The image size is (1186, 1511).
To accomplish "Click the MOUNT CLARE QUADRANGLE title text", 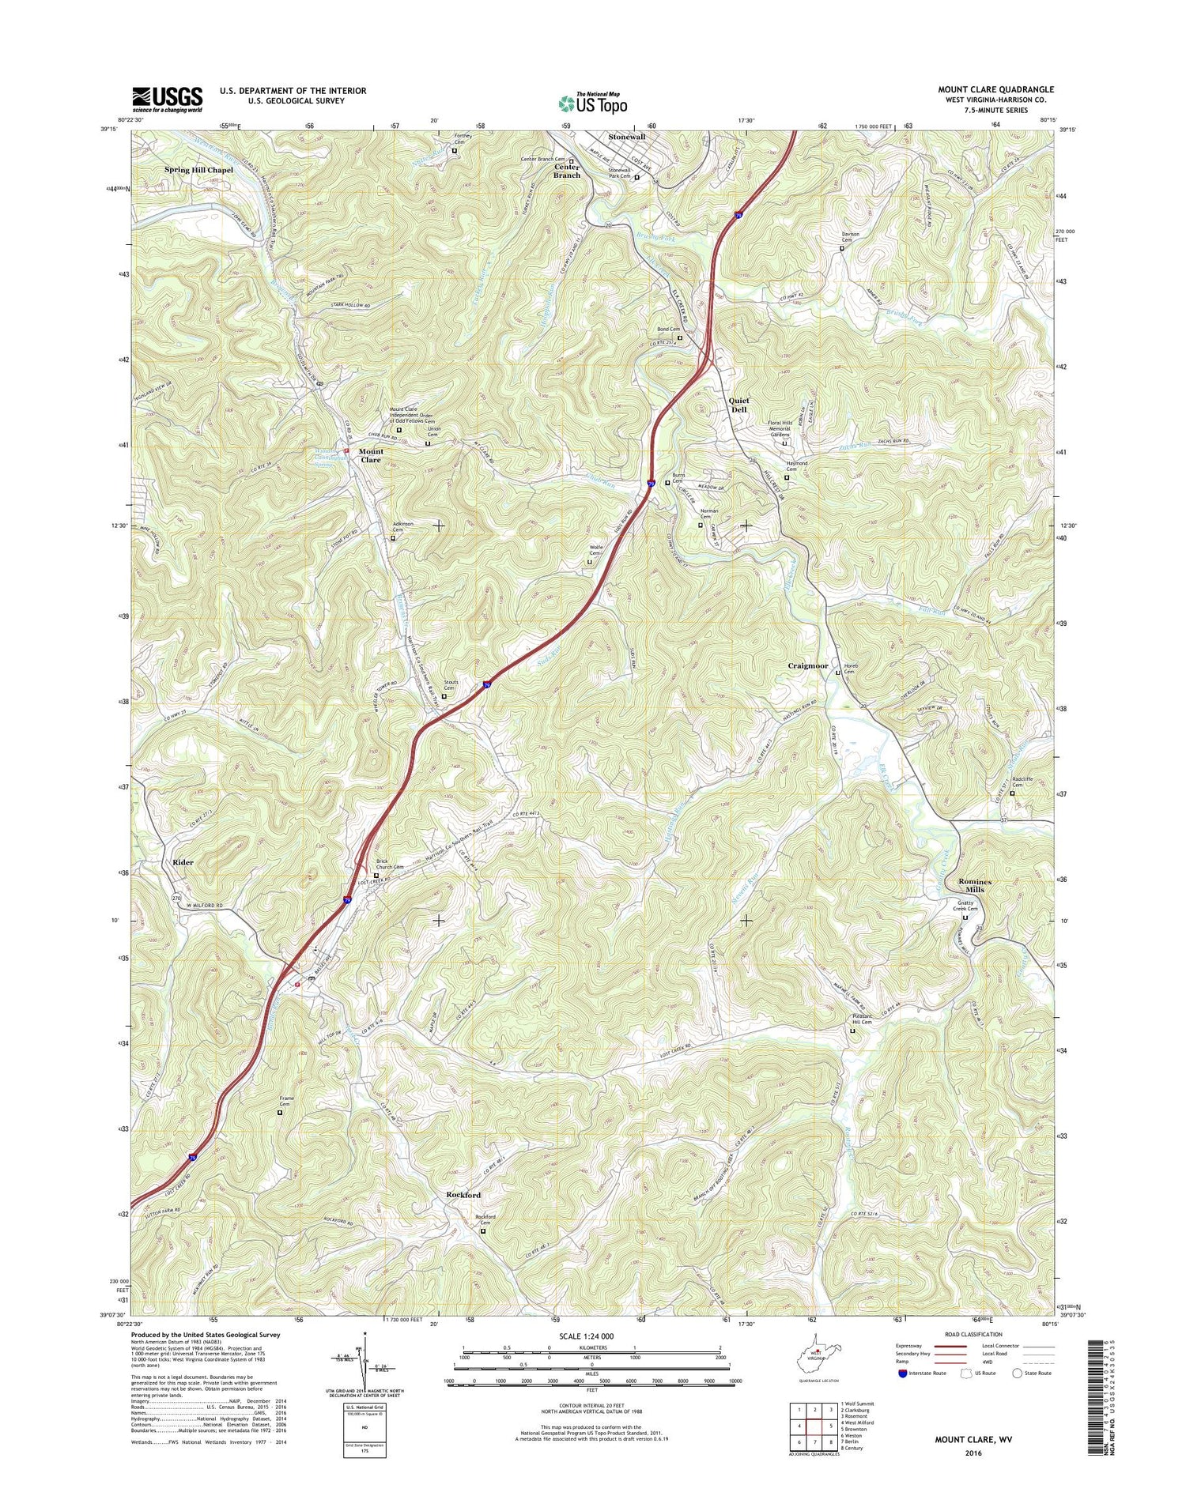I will pos(995,90).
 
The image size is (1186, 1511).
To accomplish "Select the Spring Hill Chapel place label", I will pos(198,170).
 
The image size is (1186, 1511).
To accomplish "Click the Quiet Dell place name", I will pos(738,405).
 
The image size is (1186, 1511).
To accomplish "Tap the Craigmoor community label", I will pos(807,665).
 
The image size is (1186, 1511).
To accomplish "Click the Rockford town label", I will pos(463,1195).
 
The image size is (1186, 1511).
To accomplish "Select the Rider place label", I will pos(183,862).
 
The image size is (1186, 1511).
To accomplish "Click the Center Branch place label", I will pos(566,171).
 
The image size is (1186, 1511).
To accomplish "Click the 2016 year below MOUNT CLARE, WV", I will pos(973,1453).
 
